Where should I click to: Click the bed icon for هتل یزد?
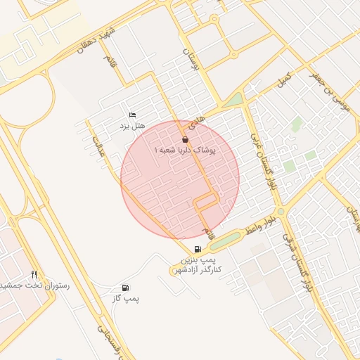(x=132, y=115)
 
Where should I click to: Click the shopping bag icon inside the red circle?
(x=185, y=139)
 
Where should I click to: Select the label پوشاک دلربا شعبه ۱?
(x=185, y=150)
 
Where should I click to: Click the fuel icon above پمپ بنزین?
(x=198, y=249)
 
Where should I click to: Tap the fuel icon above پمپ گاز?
(x=125, y=288)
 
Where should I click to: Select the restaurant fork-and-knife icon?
(x=34, y=274)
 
